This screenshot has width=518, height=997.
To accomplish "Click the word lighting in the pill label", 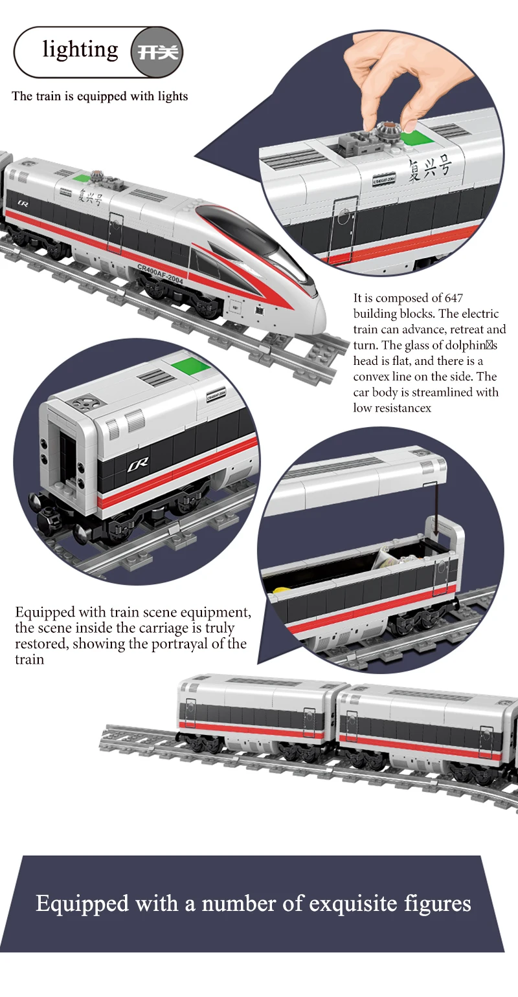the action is coord(80,50).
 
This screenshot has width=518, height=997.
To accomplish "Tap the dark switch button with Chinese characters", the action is coord(157,52).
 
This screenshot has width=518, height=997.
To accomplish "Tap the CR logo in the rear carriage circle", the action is coord(138,463).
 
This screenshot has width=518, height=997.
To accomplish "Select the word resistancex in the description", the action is coord(401,408).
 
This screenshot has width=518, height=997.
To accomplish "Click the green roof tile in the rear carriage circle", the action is coord(190,366).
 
